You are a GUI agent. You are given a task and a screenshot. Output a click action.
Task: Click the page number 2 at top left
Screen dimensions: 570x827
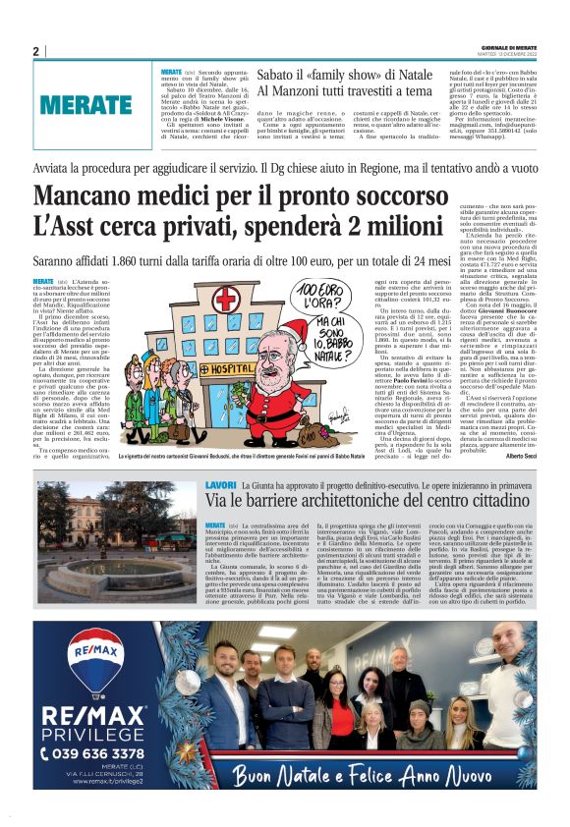[x=35, y=51]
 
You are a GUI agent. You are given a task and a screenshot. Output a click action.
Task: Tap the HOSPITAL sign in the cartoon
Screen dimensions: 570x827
[x=202, y=370]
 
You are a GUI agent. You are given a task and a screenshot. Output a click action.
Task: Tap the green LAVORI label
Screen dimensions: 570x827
[x=221, y=485]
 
